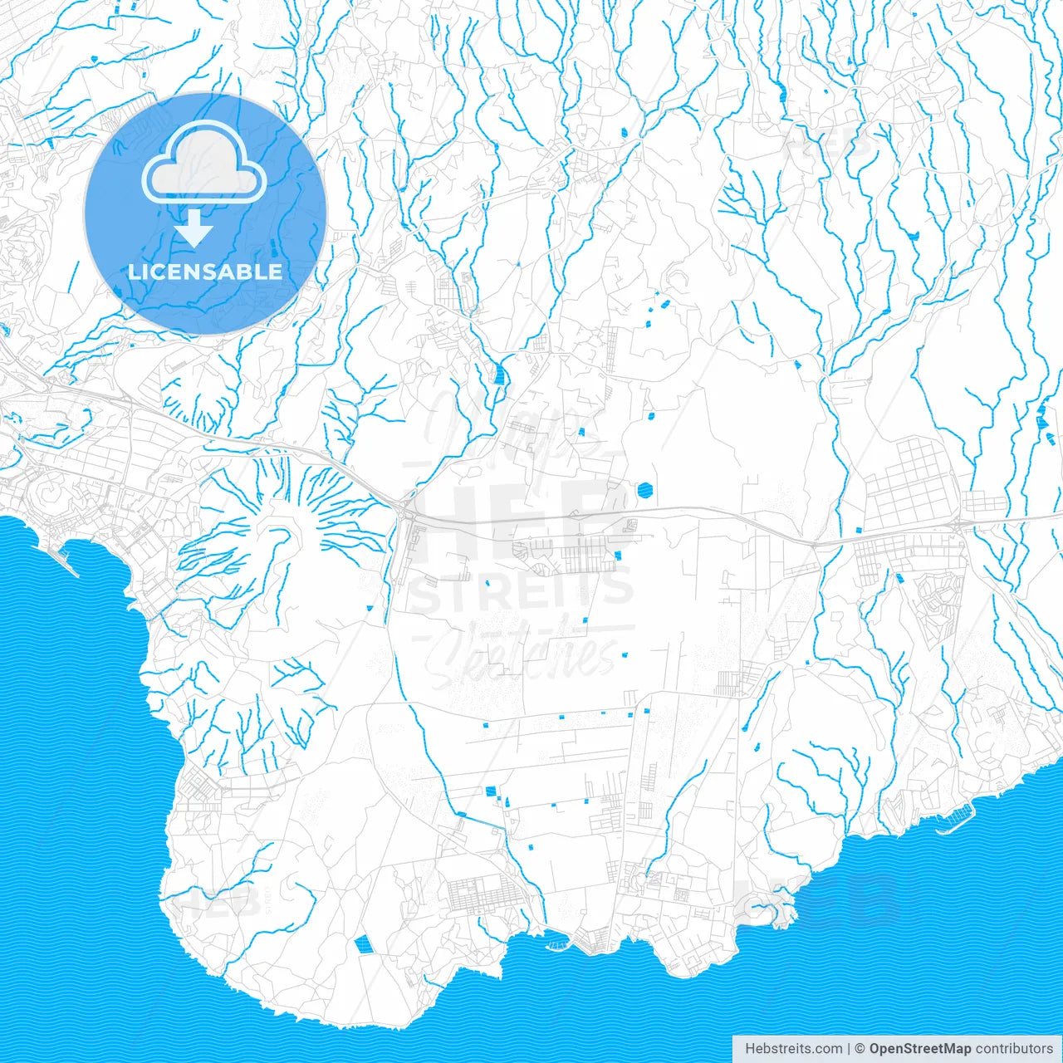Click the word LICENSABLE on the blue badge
pyautogui.click(x=205, y=272)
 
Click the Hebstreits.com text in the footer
pyautogui.click(x=793, y=1049)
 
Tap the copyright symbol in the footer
pyautogui.click(x=860, y=1049)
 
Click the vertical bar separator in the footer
pyautogui.click(x=849, y=1049)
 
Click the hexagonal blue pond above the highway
pyautogui.click(x=645, y=491)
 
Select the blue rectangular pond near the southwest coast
pyautogui.click(x=362, y=943)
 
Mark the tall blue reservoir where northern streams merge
pyautogui.click(x=499, y=373)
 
